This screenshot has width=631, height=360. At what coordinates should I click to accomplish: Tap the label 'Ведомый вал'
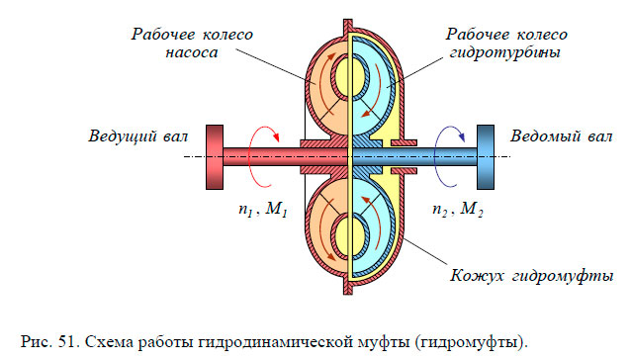559,135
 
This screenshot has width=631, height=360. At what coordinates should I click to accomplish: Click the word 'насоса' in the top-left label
191,55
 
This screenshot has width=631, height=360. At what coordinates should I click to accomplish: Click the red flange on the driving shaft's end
213,156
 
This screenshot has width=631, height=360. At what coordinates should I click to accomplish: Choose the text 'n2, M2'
457,211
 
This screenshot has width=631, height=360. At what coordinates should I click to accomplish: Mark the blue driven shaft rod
435,156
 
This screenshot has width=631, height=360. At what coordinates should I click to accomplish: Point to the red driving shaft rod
257,156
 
